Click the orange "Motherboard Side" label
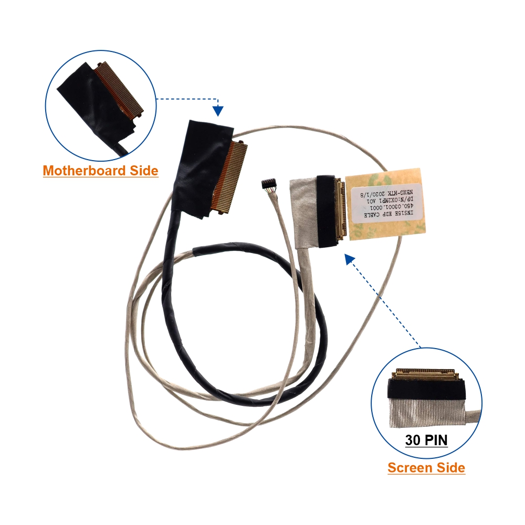(100, 171)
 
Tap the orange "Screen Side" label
(426, 468)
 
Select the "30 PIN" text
(426, 439)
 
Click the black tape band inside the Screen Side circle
(426, 389)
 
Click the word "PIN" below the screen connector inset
(436, 439)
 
